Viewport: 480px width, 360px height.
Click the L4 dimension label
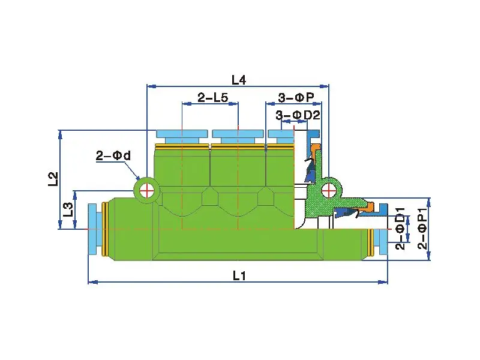coord(239,79)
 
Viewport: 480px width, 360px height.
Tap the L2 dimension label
coord(53,179)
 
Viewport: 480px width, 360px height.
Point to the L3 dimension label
coord(68,209)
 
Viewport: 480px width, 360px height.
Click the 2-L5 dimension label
coord(213,98)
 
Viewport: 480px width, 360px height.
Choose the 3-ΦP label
coord(296,98)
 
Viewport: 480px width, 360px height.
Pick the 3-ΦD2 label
coord(298,115)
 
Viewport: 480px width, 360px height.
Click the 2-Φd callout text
coord(113,156)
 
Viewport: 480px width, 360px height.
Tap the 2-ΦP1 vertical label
coord(422,229)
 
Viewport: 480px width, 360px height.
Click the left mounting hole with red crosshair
coord(146,191)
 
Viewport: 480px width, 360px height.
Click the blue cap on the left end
coord(93,229)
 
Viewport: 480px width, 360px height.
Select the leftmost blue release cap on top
coord(181,136)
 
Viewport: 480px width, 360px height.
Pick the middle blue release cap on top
coord(238,136)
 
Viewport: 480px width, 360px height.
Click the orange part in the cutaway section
coord(366,207)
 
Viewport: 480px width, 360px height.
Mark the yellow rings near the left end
coord(104,229)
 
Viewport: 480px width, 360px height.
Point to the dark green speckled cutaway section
coord(316,201)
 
